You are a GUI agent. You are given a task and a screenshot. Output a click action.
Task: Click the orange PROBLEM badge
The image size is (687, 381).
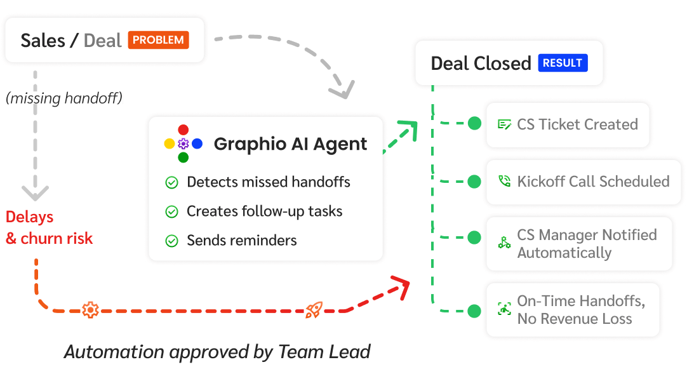click(x=159, y=40)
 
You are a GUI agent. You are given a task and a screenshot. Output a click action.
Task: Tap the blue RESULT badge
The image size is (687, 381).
click(x=563, y=63)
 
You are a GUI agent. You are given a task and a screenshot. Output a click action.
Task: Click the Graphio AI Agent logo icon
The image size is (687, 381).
click(x=183, y=144)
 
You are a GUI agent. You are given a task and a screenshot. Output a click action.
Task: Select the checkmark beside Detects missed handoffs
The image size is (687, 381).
click(x=171, y=183)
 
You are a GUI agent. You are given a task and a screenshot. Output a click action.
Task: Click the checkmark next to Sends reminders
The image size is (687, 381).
click(x=171, y=241)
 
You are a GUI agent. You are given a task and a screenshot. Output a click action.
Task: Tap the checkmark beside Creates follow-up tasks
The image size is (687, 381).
click(x=171, y=212)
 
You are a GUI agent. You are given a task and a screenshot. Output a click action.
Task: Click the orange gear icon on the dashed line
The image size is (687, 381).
click(x=90, y=310)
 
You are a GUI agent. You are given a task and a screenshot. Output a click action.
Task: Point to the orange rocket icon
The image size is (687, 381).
click(x=313, y=310)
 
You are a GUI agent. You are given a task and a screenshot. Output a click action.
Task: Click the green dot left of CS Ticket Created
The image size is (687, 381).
click(x=474, y=124)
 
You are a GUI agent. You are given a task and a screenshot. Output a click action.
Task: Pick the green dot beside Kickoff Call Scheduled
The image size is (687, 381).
click(x=474, y=182)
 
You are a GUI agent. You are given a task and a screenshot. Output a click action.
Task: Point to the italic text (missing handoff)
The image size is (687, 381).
click(x=64, y=98)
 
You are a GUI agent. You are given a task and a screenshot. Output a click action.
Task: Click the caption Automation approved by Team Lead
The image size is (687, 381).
click(x=217, y=351)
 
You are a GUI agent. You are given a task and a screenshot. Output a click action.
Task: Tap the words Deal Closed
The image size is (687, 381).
click(x=481, y=63)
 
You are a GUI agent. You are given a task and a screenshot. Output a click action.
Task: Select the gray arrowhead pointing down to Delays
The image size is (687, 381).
click(x=36, y=192)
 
